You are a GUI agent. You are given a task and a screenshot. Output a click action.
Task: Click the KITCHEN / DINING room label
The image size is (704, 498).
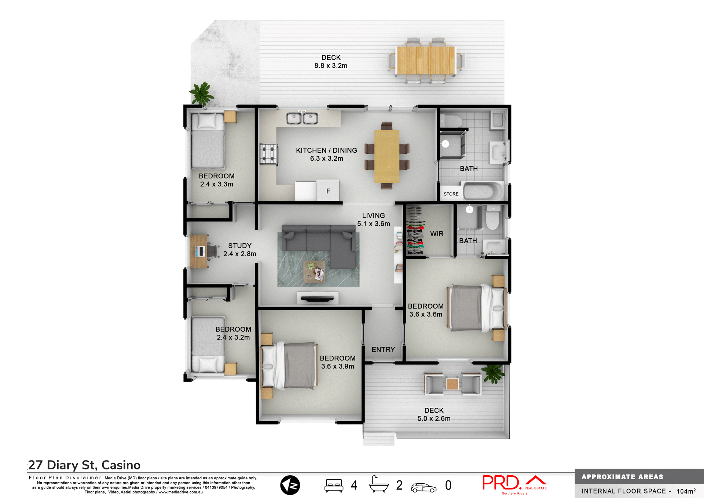[x=326, y=150]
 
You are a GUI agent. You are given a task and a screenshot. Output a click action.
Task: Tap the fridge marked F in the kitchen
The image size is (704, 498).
[x=328, y=190]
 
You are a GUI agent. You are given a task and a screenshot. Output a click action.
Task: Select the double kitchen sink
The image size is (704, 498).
[x=302, y=118]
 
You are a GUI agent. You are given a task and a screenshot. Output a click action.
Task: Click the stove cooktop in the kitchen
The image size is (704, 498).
[x=268, y=154]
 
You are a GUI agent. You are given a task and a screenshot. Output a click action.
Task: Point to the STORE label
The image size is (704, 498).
[x=451, y=194]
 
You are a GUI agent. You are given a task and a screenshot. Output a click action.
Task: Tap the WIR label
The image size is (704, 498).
[x=436, y=234]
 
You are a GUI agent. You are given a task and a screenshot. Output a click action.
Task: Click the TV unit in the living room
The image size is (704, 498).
[x=318, y=298]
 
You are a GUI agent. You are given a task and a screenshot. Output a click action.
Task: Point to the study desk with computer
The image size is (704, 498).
[x=199, y=251]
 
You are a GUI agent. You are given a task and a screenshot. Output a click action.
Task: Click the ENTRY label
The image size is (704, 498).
[x=383, y=350]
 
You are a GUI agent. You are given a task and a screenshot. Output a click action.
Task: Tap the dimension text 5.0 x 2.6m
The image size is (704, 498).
[x=434, y=419]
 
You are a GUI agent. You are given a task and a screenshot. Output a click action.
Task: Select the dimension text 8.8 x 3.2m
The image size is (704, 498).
[x=330, y=66]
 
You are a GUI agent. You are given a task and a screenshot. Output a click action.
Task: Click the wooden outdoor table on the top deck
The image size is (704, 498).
[x=426, y=60]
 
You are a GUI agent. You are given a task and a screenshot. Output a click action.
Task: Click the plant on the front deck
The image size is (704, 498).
[x=494, y=373]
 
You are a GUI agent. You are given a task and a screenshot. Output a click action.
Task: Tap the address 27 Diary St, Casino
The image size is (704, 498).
[x=84, y=465]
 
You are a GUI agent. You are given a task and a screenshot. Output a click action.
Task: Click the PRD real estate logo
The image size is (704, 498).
[x=513, y=484]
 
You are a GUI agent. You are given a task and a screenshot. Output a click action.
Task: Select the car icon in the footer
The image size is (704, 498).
[x=423, y=487]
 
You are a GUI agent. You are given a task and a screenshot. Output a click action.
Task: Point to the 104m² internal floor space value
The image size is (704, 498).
[x=686, y=491]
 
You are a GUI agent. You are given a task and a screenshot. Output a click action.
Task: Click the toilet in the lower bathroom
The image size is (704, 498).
[x=492, y=218]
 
